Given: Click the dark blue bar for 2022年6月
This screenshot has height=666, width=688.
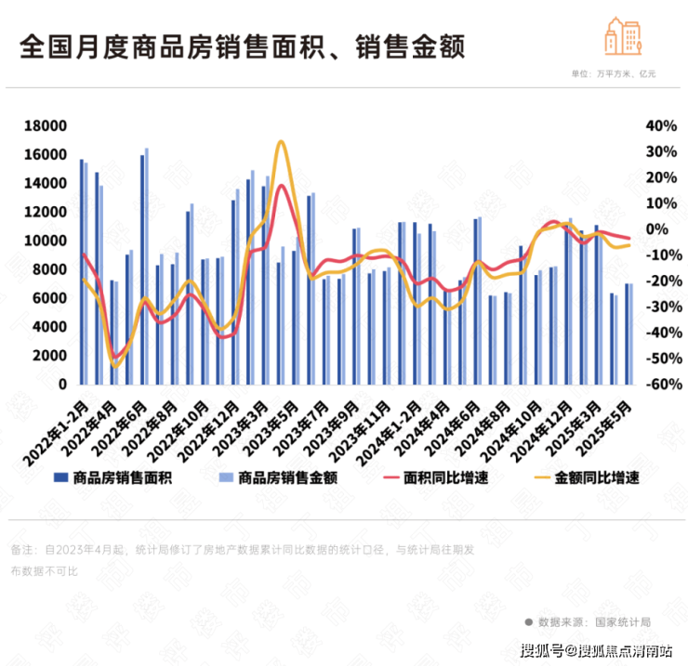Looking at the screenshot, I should [x=142, y=269].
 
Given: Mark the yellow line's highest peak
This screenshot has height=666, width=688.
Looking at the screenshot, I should [x=280, y=141].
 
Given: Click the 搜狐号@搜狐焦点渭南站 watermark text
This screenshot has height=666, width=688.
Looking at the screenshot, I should [x=597, y=649].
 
